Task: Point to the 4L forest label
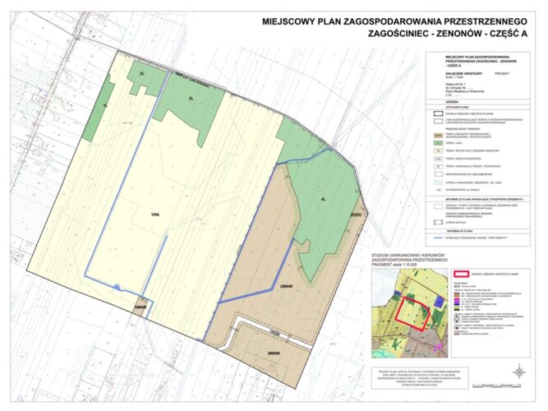tap(324, 198)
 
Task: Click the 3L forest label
tap(191, 99)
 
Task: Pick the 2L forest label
tap(142, 74)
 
